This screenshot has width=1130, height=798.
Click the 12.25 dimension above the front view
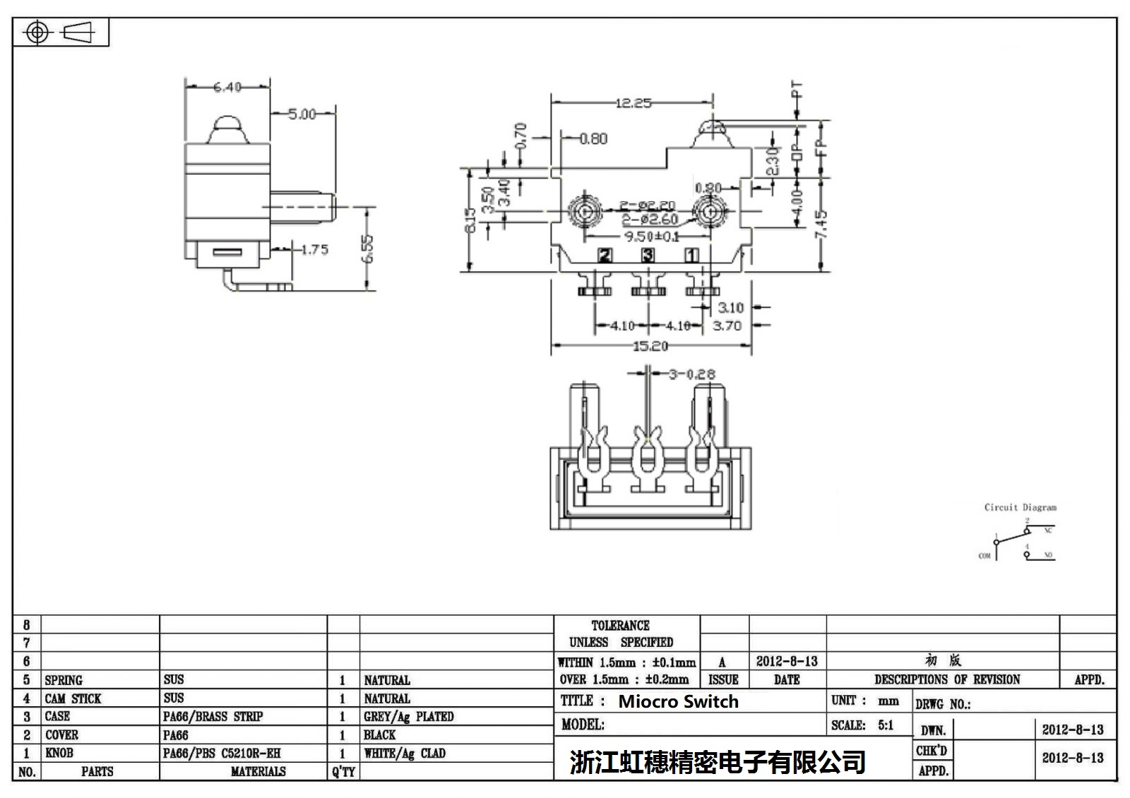633,103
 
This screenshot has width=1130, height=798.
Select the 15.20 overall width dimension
650,346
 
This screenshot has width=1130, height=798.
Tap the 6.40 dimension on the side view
227,87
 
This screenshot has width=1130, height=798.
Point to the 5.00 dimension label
302,114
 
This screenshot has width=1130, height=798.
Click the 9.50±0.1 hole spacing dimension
651,236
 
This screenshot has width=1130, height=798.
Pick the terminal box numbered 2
605,255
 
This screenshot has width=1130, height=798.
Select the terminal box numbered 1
691,255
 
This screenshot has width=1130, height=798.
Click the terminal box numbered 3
648,255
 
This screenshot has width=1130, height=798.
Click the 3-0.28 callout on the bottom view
692,374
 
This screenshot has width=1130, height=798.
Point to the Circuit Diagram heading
1021,507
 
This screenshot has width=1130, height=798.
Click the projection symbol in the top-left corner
60,32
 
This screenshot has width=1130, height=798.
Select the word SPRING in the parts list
64,680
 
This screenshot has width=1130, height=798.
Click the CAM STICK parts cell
73,699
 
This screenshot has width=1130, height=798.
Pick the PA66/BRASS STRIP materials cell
213,717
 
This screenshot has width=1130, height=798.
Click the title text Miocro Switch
678,701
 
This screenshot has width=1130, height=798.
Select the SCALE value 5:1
885,725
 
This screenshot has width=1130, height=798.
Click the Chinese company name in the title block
717,762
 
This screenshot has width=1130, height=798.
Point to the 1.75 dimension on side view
314,250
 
